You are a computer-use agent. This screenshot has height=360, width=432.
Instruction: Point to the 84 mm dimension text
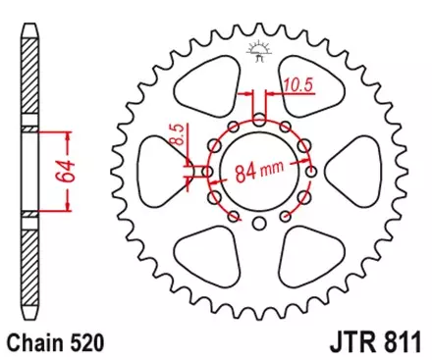[x=260, y=174]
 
